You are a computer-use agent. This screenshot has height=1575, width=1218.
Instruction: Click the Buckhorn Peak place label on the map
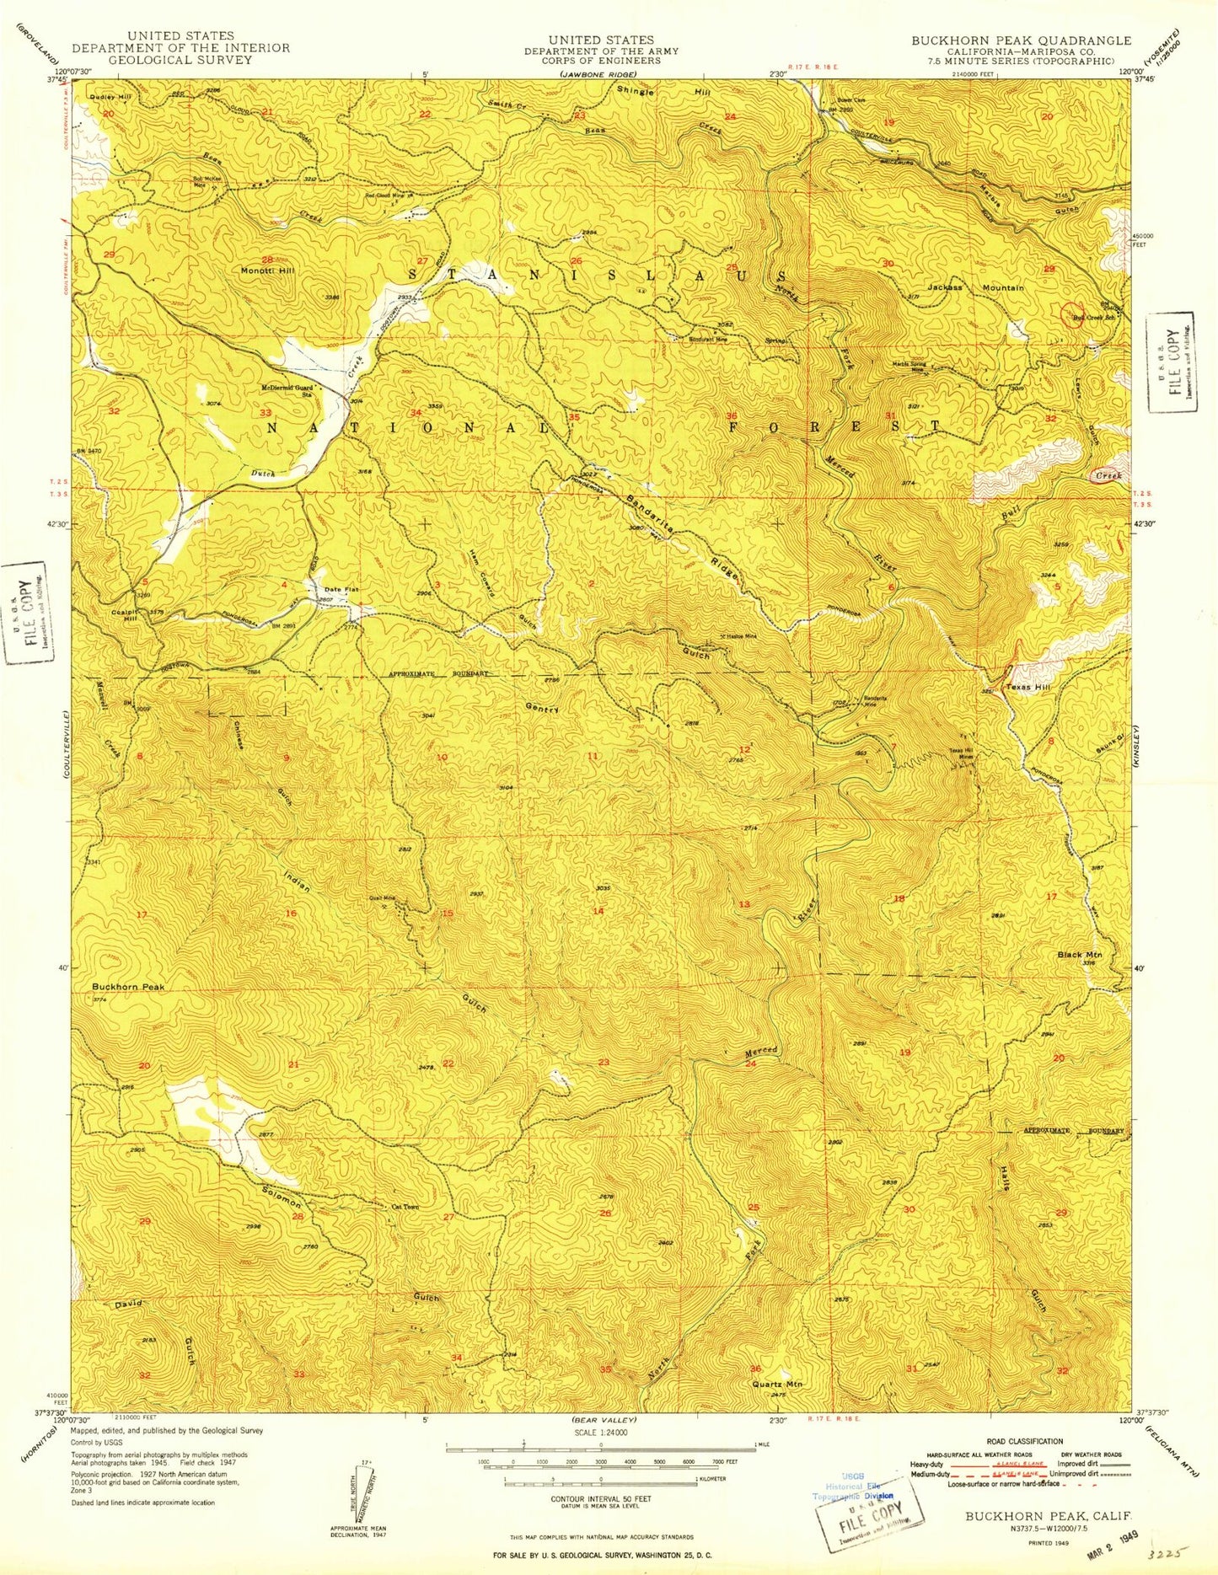click(x=128, y=986)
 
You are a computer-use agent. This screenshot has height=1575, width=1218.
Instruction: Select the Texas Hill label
click(x=1028, y=688)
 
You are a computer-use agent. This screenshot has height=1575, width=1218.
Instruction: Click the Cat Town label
click(x=405, y=1206)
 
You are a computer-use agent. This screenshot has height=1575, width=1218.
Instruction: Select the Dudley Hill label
click(x=111, y=97)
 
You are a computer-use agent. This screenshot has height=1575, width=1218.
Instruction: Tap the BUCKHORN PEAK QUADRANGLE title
click(x=1021, y=40)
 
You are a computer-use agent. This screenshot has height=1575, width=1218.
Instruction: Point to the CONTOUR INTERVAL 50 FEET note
click(x=600, y=1499)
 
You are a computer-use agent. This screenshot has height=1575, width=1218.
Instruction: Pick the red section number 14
click(x=598, y=911)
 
